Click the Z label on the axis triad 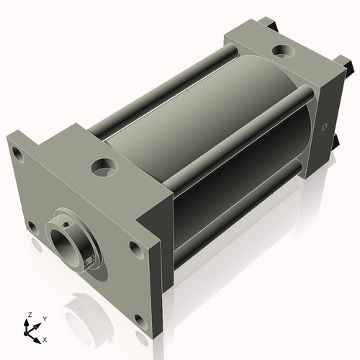[30, 315]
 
